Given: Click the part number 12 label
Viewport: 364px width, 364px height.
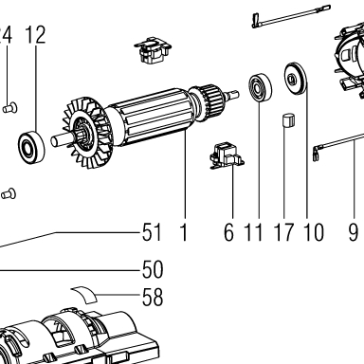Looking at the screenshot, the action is pyautogui.click(x=35, y=35).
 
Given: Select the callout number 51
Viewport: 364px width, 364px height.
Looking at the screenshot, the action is pyautogui.click(x=152, y=232).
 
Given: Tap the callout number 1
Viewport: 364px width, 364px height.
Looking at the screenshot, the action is pyautogui.click(x=184, y=232).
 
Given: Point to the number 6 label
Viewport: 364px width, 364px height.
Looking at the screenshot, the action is pyautogui.click(x=228, y=232).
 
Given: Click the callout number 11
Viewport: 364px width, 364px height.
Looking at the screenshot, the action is pyautogui.click(x=254, y=232).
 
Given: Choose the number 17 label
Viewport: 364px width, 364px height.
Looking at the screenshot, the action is pyautogui.click(x=284, y=232).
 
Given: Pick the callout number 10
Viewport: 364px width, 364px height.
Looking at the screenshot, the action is pyautogui.click(x=314, y=232).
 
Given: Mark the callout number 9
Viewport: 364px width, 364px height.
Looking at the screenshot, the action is pyautogui.click(x=354, y=232).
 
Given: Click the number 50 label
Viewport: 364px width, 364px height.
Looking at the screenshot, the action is pyautogui.click(x=153, y=269).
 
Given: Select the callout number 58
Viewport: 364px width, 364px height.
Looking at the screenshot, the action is pyautogui.click(x=153, y=297).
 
